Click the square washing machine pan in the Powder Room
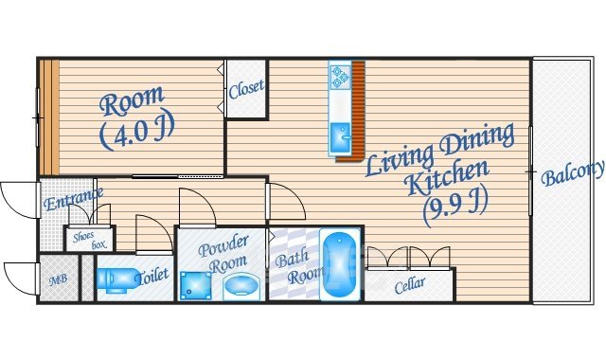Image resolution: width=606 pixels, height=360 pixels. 196,286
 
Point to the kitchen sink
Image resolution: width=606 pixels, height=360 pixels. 341,138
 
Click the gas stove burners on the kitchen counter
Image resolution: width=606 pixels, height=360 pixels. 341,77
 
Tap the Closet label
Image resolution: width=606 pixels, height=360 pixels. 246,90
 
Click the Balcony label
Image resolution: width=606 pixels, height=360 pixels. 572,173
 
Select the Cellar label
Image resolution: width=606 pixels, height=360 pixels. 410,285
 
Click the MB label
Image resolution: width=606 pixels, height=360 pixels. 59,279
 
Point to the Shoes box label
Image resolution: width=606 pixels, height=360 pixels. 89,241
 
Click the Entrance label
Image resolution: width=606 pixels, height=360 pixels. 74,199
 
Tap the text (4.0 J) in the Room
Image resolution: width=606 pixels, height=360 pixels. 137,132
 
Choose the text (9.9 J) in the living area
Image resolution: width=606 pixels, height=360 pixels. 454,207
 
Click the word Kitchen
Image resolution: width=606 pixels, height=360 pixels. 448,177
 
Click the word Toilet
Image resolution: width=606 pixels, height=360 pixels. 151,276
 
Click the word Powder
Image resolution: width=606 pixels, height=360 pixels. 223,246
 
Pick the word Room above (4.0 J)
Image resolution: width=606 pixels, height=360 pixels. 132,100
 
